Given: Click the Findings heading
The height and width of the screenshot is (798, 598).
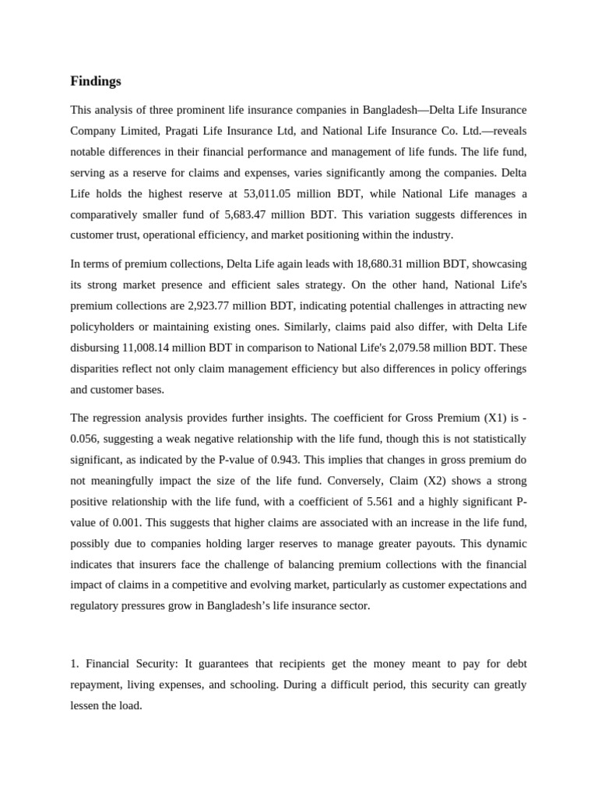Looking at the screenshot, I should click(x=96, y=81).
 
